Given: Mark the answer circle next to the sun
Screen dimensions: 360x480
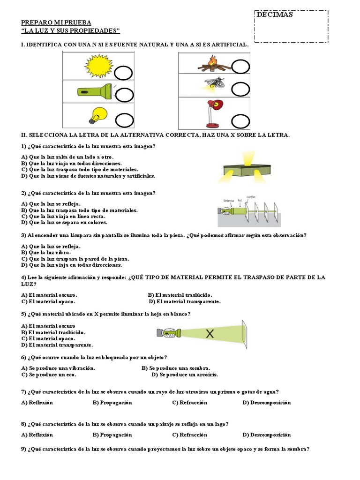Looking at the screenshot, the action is (x=124, y=74).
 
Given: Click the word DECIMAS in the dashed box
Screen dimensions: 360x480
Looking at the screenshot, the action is (x=274, y=15).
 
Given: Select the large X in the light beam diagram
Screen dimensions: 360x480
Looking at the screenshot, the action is (x=210, y=334).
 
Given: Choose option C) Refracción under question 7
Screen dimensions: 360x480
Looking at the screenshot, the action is (x=189, y=403).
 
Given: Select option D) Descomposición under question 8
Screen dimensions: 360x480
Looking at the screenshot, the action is (x=266, y=435).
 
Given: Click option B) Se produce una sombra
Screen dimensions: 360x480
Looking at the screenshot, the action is (x=176, y=368).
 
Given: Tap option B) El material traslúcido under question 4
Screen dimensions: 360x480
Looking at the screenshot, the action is (x=180, y=295).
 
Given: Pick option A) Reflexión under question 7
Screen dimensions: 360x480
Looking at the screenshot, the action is (x=37, y=403).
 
